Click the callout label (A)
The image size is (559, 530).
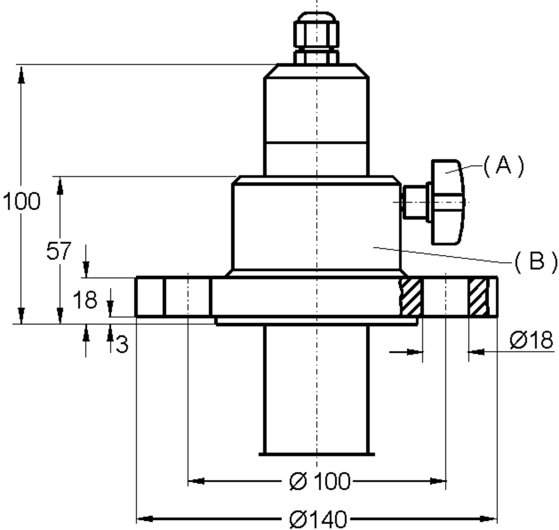pos(504,166)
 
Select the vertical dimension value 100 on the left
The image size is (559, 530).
pos(21,201)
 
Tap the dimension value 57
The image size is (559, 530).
pos(59,251)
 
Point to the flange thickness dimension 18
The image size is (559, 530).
pos(85,300)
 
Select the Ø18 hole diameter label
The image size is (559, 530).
pos(531,340)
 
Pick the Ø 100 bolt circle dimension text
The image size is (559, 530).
pos(320,481)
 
